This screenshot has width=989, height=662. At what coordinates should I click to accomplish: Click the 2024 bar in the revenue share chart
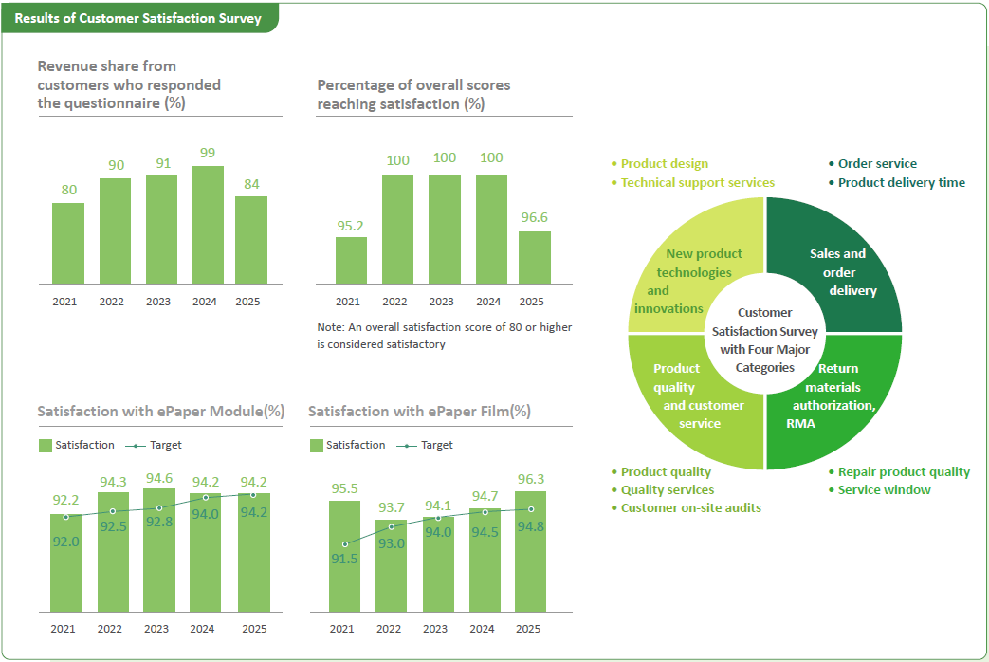(208, 225)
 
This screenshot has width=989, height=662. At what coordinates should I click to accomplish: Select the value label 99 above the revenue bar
(208, 153)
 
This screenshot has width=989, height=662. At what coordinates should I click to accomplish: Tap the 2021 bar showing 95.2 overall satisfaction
(352, 261)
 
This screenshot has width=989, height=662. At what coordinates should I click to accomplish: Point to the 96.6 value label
(534, 217)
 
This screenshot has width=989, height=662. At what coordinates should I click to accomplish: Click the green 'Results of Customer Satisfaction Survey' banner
(138, 18)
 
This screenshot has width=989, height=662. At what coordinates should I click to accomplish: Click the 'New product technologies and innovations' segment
(687, 271)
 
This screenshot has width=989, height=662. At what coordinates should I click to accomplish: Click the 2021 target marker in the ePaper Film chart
(345, 544)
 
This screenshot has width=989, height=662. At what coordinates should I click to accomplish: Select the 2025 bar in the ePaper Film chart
(530, 552)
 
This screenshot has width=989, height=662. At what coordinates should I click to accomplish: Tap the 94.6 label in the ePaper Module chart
(159, 478)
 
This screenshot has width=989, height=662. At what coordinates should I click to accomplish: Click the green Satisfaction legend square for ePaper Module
(46, 446)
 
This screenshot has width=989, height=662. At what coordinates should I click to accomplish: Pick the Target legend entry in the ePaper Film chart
(425, 445)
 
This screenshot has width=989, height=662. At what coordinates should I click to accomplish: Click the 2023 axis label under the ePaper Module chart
(156, 629)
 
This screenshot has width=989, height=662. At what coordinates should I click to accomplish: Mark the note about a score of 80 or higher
(444, 336)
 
